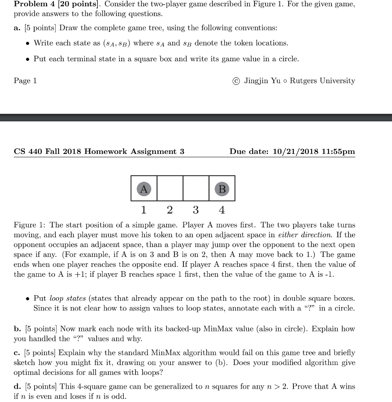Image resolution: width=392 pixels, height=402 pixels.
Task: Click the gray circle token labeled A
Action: (x=144, y=189)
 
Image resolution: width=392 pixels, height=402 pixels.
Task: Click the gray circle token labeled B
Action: (x=222, y=189)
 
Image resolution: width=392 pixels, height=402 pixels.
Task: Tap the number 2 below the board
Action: (x=169, y=210)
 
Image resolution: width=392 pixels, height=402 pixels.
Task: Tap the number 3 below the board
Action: (x=195, y=210)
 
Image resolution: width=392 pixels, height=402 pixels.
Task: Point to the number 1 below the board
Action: (x=143, y=210)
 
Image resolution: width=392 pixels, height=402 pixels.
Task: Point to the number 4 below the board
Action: (x=222, y=210)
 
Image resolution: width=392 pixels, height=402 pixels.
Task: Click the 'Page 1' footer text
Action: (x=25, y=80)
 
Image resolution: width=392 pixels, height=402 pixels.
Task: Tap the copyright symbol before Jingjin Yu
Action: (x=236, y=81)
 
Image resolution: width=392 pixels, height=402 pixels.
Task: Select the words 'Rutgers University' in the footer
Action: (x=322, y=80)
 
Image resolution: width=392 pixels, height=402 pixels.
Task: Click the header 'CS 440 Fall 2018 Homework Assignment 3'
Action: (x=99, y=152)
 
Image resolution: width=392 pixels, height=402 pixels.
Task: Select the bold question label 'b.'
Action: (x=17, y=329)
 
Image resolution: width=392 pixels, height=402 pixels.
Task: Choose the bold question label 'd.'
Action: (x=18, y=387)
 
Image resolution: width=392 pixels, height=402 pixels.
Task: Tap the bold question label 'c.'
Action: (x=17, y=353)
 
